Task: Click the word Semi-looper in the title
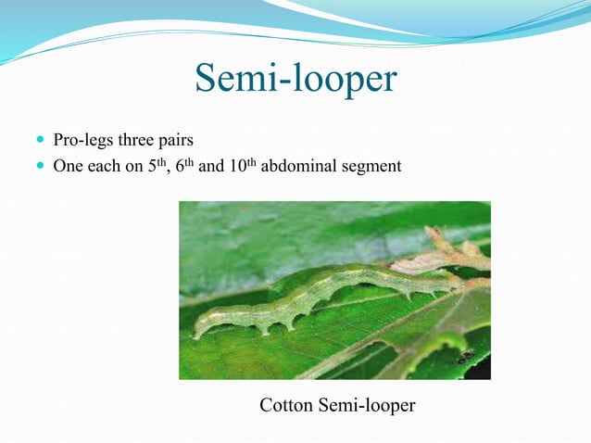[x=295, y=80]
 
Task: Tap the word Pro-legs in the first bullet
[x=79, y=141]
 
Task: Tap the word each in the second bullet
[x=104, y=167]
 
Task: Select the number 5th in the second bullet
[x=157, y=166]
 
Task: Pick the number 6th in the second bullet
[x=185, y=166]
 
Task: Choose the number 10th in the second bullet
[x=242, y=166]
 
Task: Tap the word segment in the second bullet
[x=375, y=167]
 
